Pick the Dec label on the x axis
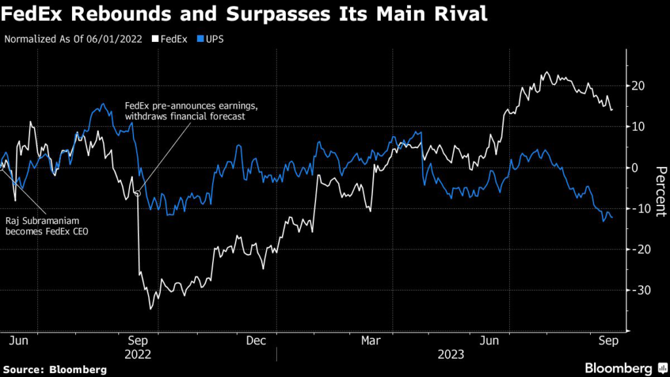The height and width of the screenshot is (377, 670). (x=256, y=340)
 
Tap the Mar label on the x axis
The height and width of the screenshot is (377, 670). (x=371, y=340)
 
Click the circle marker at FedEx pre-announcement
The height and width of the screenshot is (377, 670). (x=137, y=193)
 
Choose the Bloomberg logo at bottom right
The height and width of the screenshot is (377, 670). (x=626, y=368)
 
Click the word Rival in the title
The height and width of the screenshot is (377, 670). (x=458, y=14)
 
